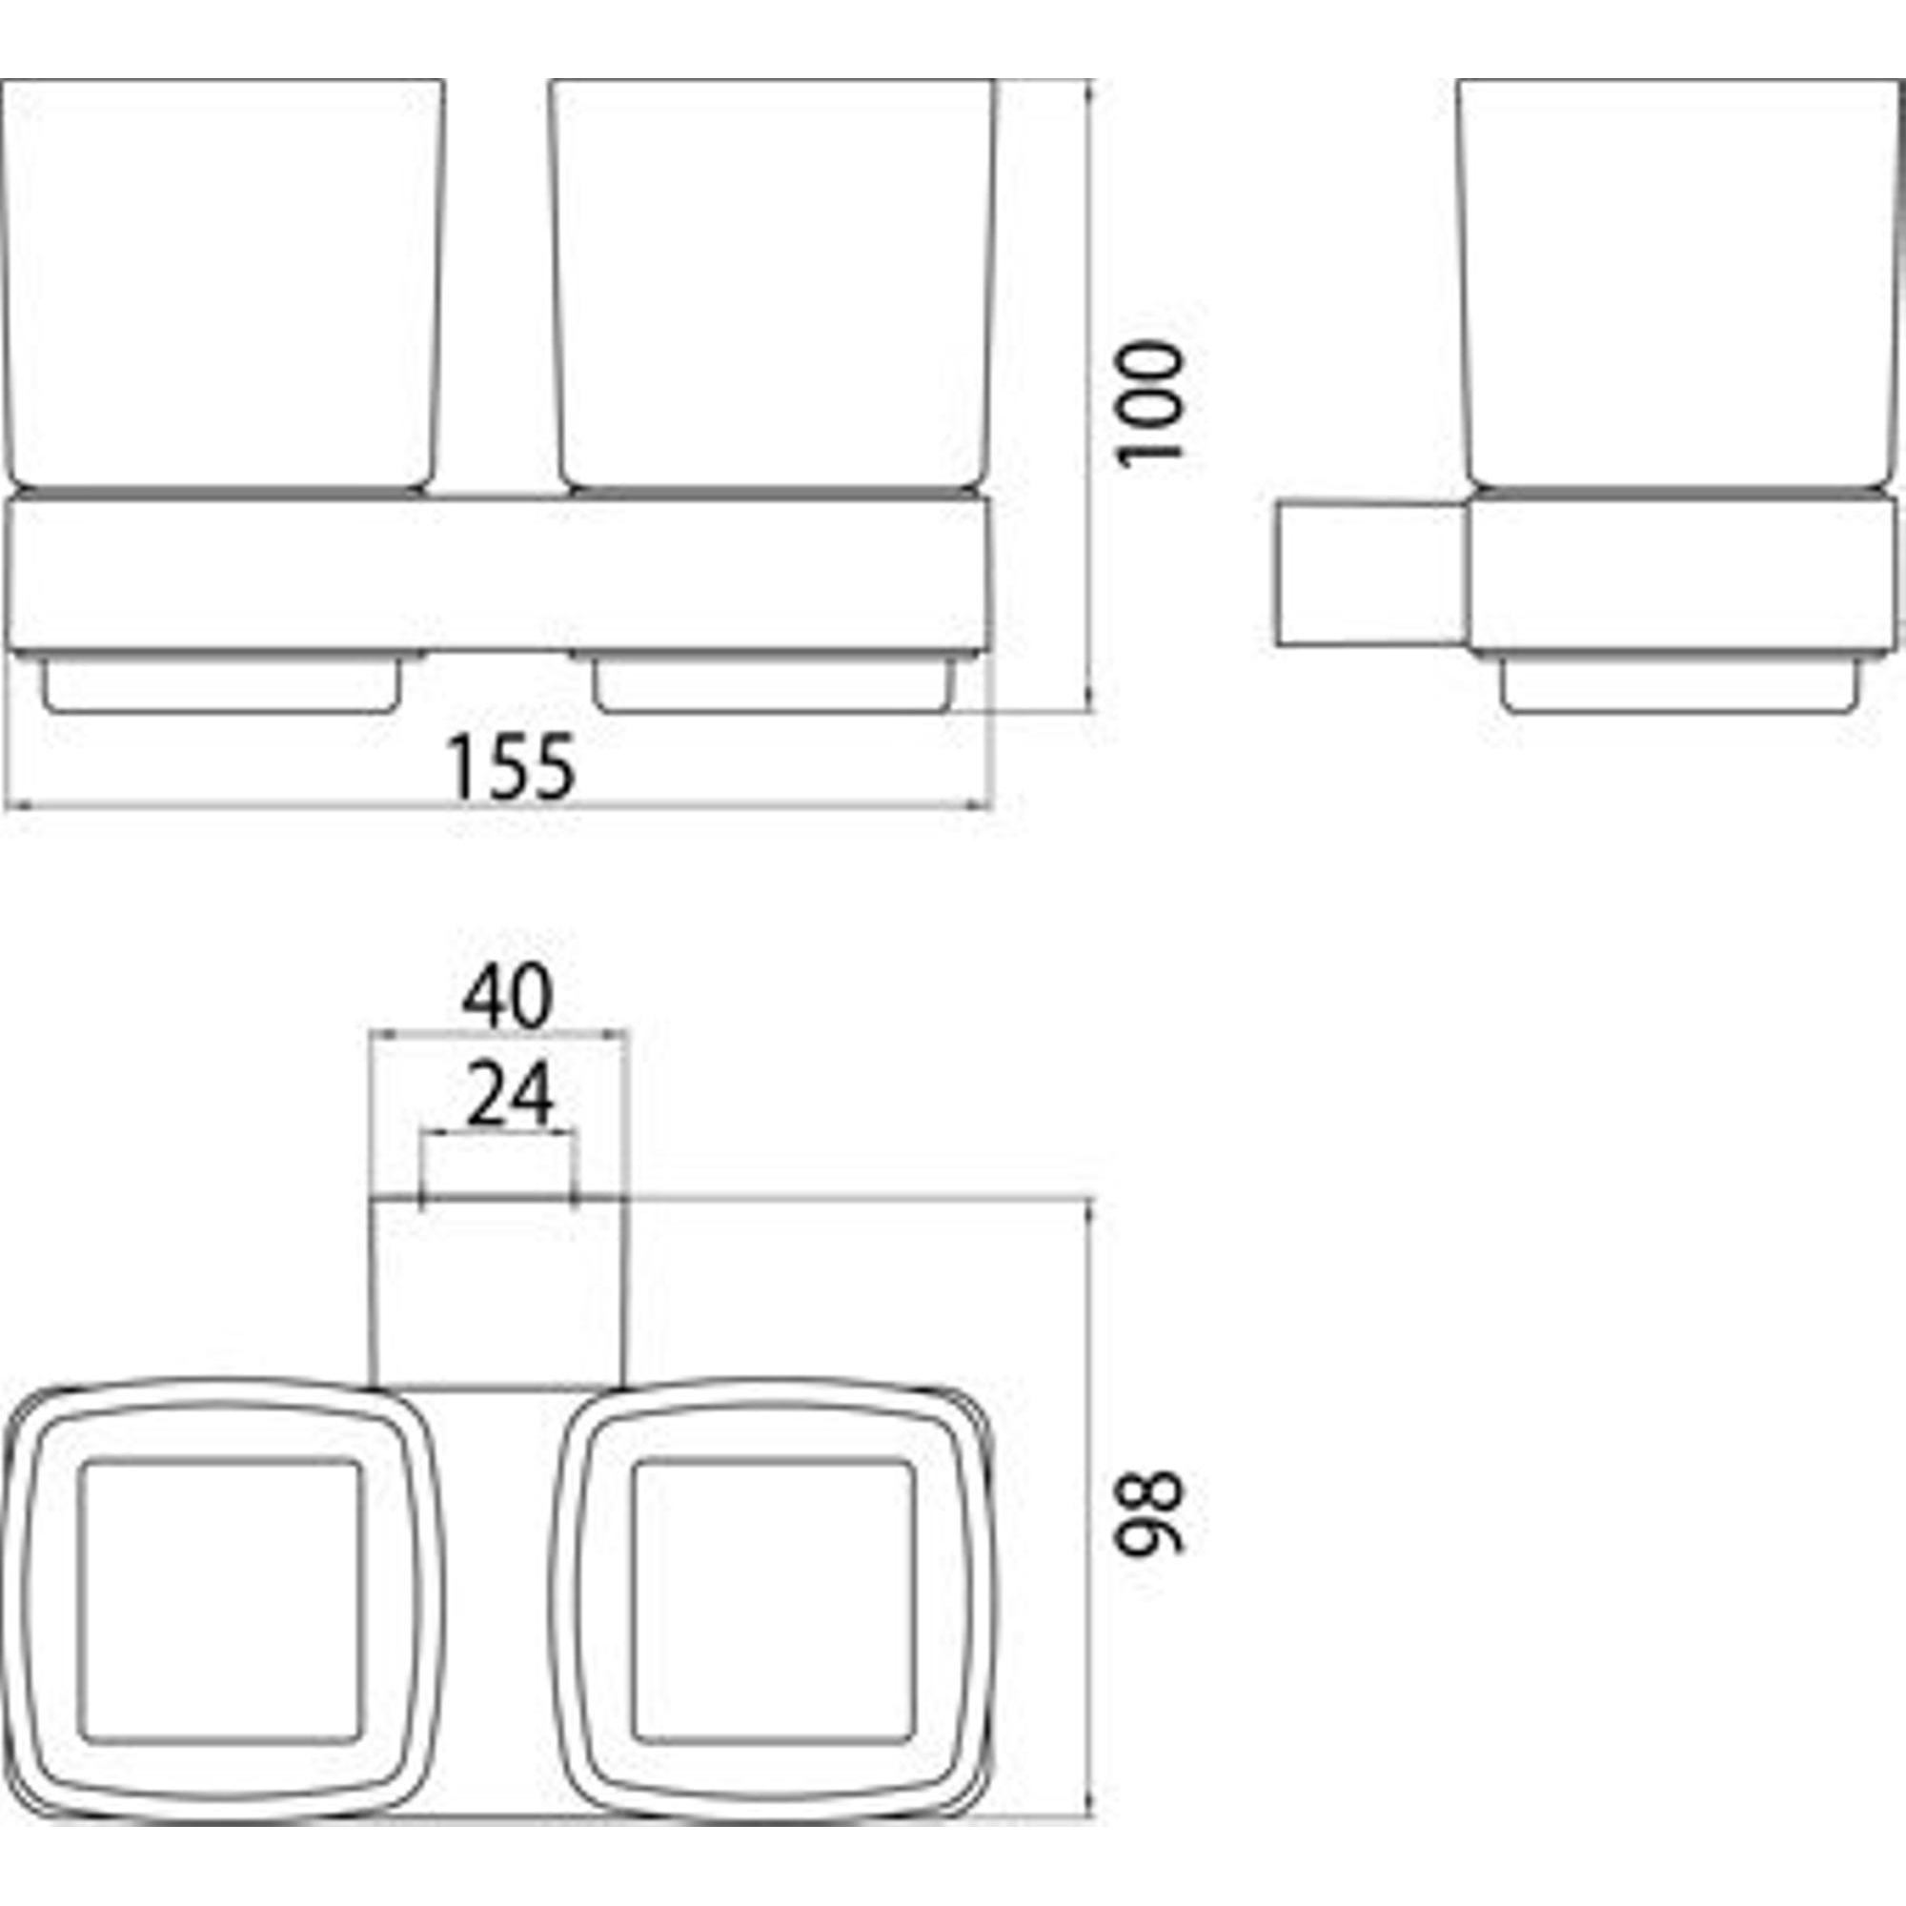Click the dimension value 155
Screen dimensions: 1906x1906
coord(510,766)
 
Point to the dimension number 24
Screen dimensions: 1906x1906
coord(510,1095)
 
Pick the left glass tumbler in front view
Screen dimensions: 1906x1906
coord(222,285)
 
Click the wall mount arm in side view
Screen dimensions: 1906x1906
coord(1371,574)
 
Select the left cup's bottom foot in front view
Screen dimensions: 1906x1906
coord(222,684)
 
